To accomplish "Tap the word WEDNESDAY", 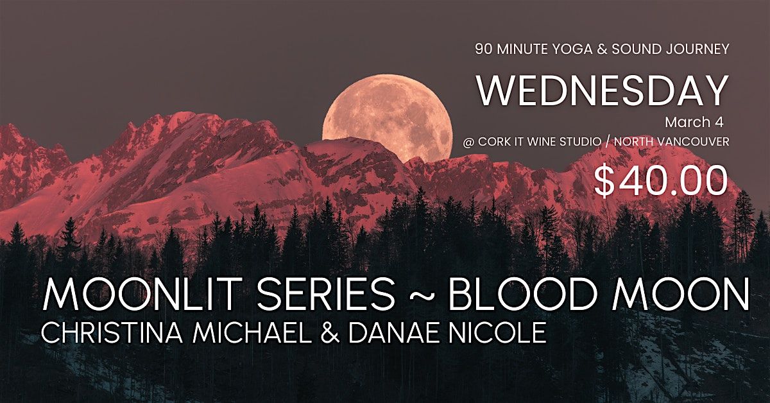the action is [603, 92].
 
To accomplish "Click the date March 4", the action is [694, 123].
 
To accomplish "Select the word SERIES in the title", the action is [325, 293].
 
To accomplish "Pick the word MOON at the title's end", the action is [679, 293].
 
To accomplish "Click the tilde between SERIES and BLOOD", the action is [422, 295].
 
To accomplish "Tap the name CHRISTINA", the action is [112, 332].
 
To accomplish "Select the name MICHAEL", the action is [252, 332].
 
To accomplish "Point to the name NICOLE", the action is [499, 332].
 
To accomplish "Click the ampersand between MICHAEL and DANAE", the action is [330, 332].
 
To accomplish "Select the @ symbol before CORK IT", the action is [468, 142].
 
